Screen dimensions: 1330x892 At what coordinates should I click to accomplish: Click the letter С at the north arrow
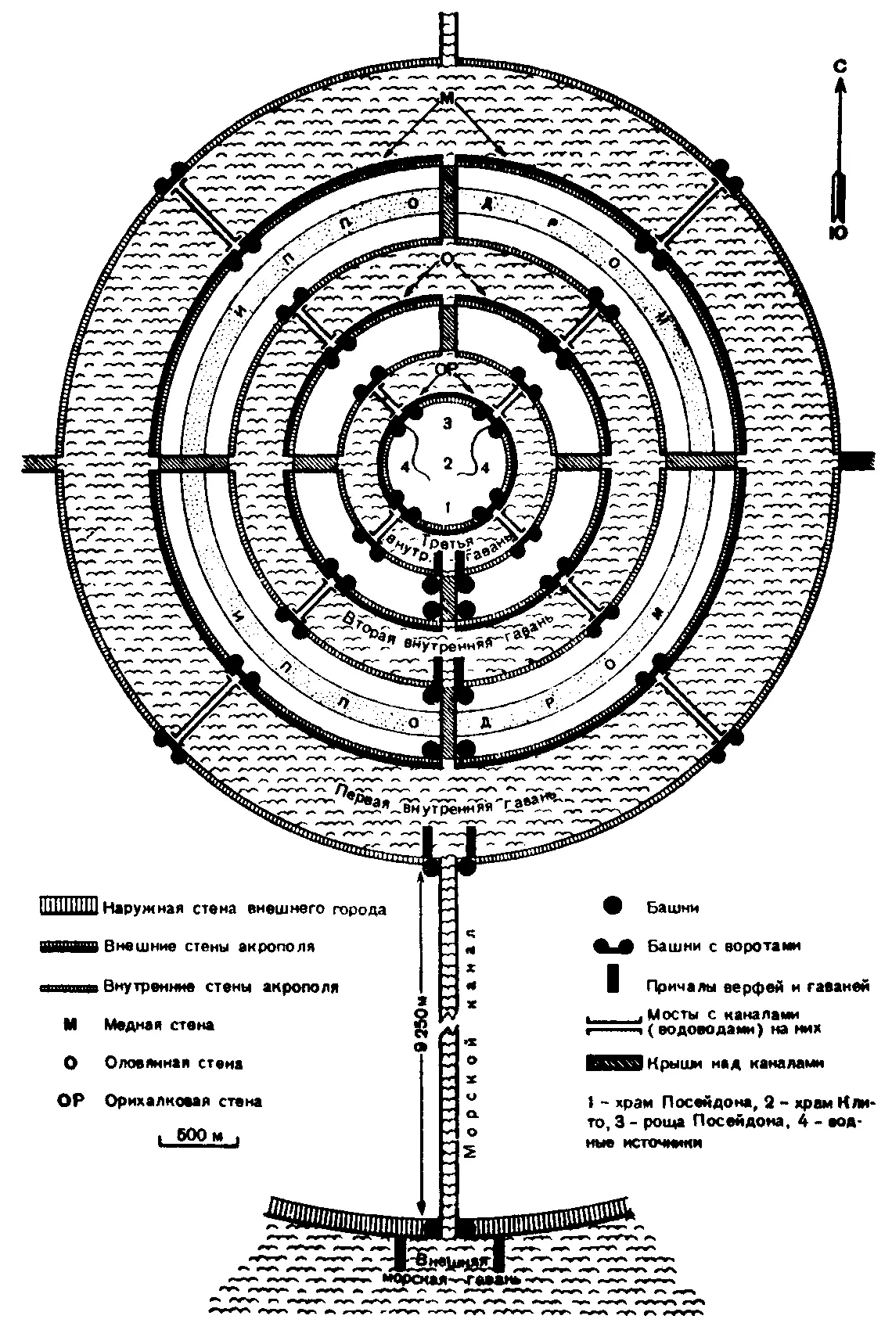coord(839,66)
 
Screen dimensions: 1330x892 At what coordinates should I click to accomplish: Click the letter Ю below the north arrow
coord(839,232)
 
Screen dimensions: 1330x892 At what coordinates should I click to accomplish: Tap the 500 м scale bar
coord(199,1136)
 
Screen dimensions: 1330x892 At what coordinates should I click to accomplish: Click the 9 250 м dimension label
coord(420,1025)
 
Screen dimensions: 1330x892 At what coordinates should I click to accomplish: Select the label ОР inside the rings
coord(445,368)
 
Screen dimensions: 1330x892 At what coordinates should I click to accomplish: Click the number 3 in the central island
coord(447,424)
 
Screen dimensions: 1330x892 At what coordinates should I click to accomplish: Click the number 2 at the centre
coord(447,463)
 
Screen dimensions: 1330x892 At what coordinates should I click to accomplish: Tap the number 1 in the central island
coord(447,505)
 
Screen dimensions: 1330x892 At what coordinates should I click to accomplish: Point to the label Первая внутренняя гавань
coord(444,802)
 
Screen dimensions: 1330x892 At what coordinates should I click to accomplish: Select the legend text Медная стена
coord(159,1025)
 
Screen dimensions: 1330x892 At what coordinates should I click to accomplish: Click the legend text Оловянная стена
coord(173,1063)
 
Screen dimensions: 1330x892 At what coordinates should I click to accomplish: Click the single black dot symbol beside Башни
coord(612,907)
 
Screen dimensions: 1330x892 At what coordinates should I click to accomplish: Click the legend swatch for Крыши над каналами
coord(615,1063)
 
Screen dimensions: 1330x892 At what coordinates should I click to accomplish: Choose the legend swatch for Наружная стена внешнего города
coord(69,908)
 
